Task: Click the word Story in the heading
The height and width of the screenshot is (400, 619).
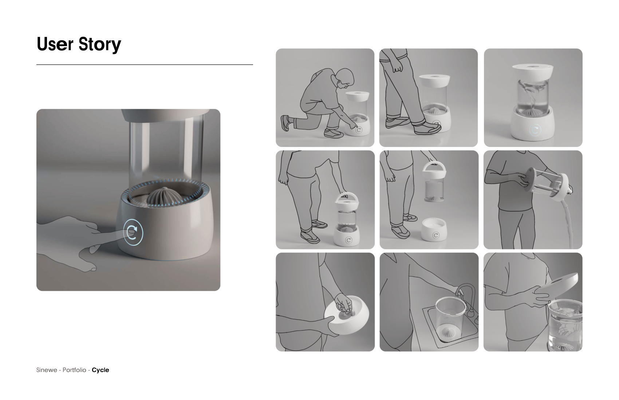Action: coord(100,44)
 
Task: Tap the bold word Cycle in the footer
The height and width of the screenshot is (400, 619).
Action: coord(100,370)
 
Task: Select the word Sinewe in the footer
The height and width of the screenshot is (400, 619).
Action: coord(47,370)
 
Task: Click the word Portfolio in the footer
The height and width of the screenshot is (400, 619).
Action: coord(74,370)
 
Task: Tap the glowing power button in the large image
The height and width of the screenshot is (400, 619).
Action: coord(133,232)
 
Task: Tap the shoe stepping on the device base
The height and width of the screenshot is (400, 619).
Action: coord(428,129)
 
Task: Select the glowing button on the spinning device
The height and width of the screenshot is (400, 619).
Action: coord(535,130)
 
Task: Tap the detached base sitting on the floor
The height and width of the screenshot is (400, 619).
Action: coord(434,229)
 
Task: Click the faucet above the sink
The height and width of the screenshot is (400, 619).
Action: coord(466,299)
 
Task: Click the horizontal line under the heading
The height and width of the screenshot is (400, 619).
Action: coord(145,65)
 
